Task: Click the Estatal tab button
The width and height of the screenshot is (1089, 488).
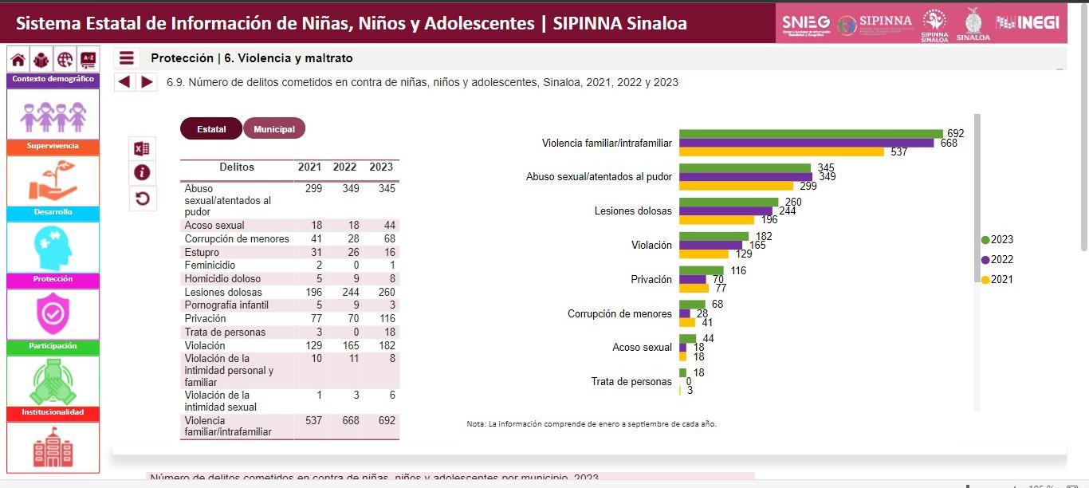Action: click(211, 129)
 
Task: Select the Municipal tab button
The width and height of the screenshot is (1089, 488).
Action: click(274, 129)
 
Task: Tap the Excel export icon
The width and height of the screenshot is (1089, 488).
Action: click(142, 148)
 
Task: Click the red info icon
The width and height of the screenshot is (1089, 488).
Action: click(142, 173)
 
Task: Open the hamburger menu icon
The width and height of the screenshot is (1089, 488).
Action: click(126, 58)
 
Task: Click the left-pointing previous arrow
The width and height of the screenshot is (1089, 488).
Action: click(124, 81)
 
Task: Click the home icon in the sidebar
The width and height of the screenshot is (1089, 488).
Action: click(18, 60)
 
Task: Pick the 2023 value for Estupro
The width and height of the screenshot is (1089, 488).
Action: click(381, 252)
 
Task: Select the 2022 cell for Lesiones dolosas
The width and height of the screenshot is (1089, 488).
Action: click(344, 292)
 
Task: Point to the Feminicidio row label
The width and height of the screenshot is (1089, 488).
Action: click(210, 266)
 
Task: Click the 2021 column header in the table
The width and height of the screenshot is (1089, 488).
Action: click(309, 167)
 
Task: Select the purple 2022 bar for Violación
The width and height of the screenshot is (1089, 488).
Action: click(710, 246)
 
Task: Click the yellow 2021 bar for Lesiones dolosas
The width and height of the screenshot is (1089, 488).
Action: click(717, 220)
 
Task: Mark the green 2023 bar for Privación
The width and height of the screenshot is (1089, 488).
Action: click(702, 271)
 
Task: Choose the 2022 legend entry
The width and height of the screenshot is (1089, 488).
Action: click(997, 260)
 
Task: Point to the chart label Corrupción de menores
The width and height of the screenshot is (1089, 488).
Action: click(619, 314)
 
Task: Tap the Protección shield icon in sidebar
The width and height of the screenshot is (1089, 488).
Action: click(53, 313)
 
